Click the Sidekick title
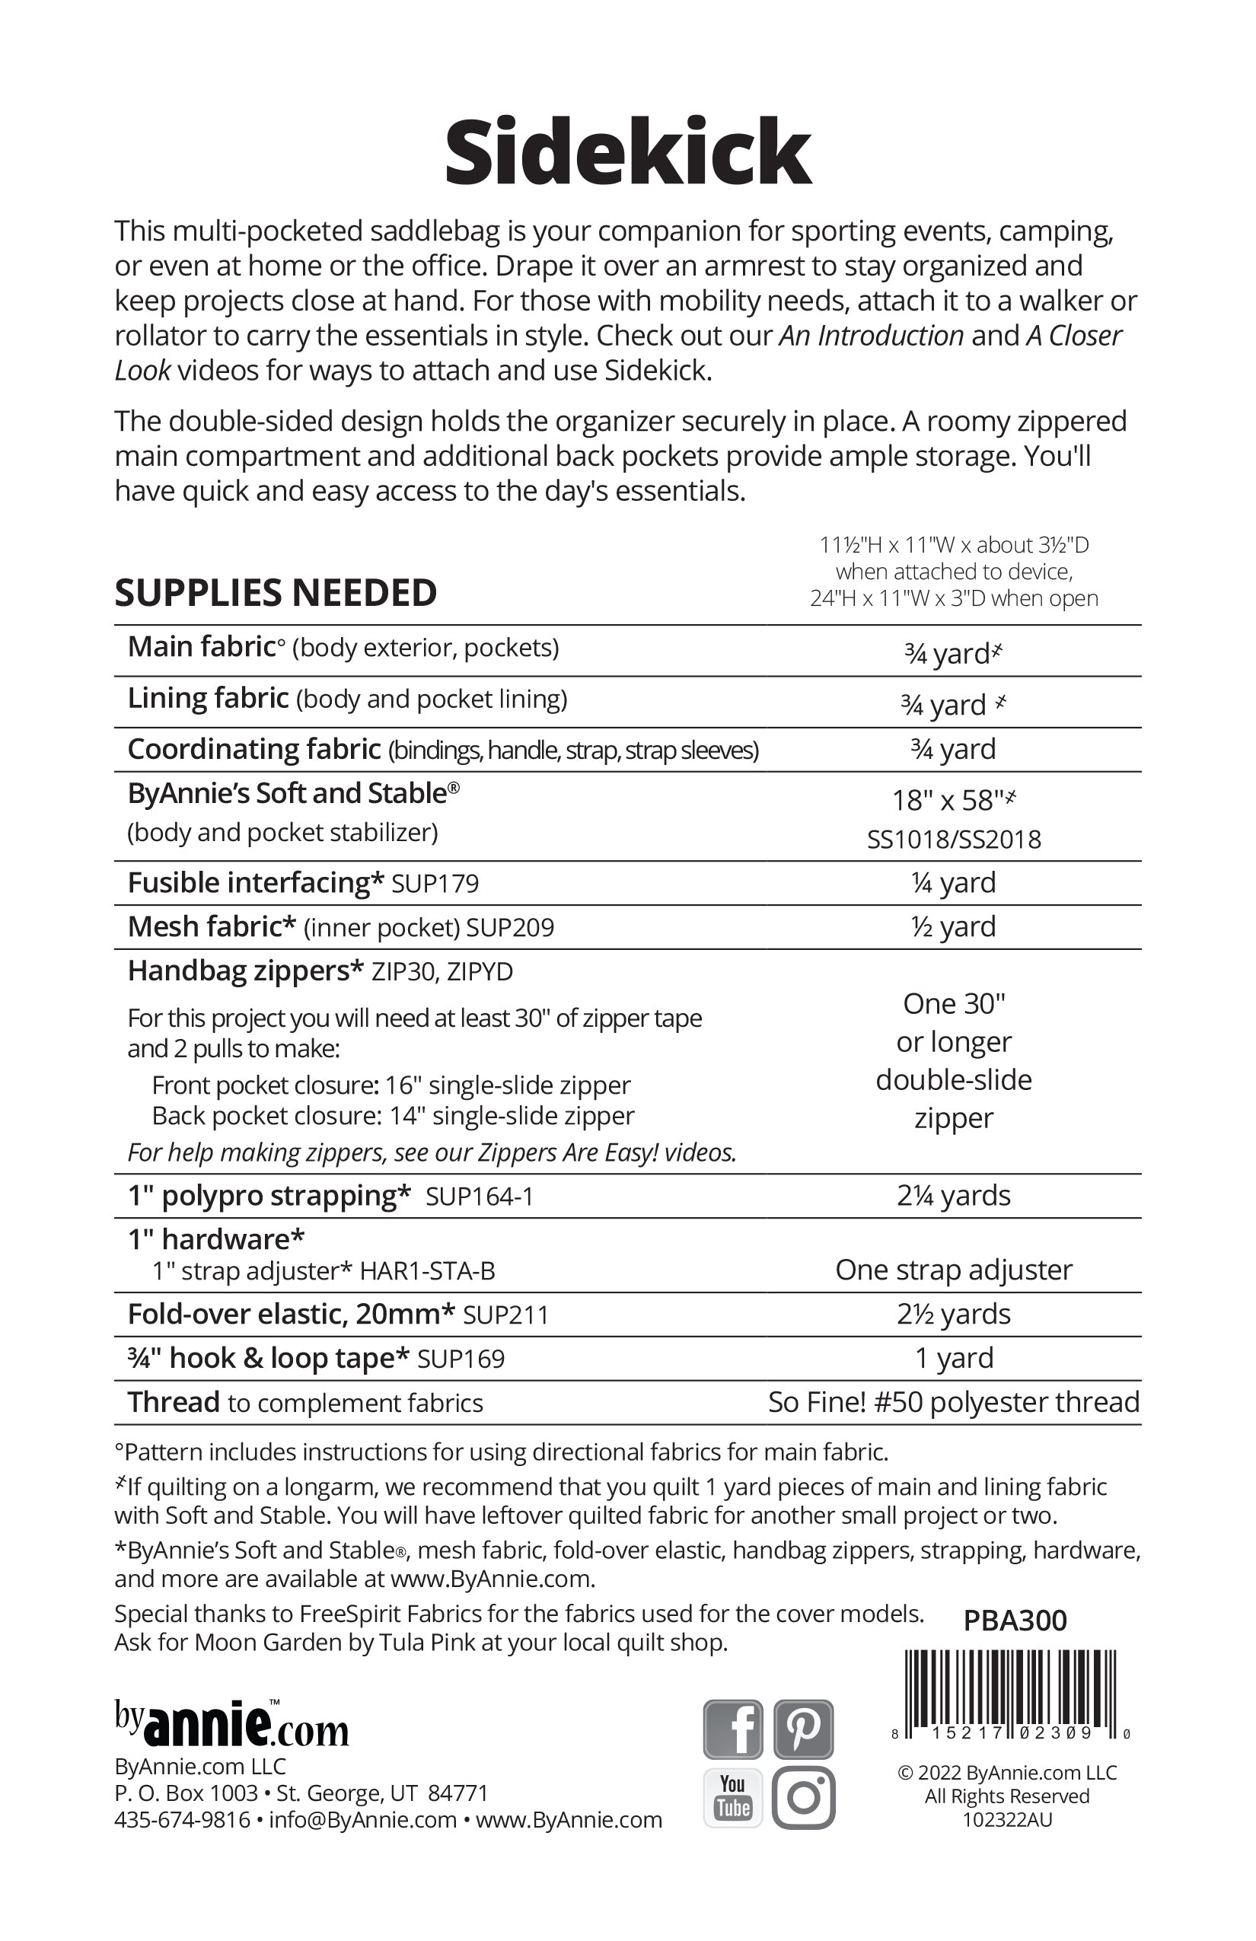[x=627, y=152]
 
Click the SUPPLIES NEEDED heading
[x=276, y=593]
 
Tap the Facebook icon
[x=732, y=1729]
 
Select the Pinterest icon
[x=803, y=1729]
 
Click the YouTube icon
[x=732, y=1798]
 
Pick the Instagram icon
[x=803, y=1798]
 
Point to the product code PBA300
[x=1015, y=1621]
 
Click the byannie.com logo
[x=231, y=1724]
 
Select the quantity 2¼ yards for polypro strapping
[x=953, y=1196]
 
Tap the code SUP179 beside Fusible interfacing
[x=435, y=884]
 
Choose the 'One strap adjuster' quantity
[x=953, y=1270]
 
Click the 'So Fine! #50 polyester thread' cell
[x=953, y=1402]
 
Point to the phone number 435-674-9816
[x=182, y=1820]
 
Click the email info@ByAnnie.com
[x=362, y=1820]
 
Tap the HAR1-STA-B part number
[x=427, y=1271]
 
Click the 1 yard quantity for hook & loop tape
[x=953, y=1358]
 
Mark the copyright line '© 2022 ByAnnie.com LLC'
[x=1006, y=1772]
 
